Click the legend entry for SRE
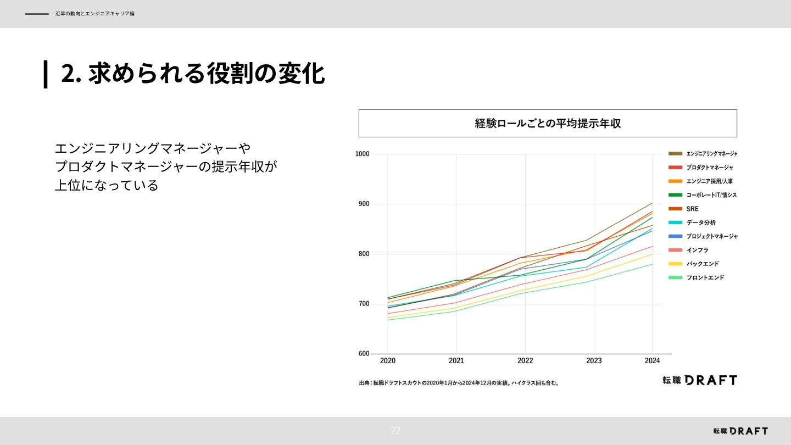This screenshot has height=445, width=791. tap(692, 209)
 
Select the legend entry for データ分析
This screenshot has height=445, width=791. tap(700, 222)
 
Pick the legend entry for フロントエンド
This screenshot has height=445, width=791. tap(705, 277)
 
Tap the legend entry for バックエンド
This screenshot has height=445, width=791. tap(702, 264)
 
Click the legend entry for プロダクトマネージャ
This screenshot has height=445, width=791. tap(709, 168)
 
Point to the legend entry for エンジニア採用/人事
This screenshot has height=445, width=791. tap(709, 181)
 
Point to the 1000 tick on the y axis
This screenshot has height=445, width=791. tap(362, 154)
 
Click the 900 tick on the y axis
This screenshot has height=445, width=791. tap(364, 204)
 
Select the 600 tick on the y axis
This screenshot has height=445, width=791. tap(364, 354)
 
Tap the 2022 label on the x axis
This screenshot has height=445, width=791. tap(525, 361)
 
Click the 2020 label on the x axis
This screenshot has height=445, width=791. tap(388, 361)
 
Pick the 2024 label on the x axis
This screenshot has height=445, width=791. tap(652, 361)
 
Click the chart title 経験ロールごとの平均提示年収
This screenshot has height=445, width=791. tap(548, 123)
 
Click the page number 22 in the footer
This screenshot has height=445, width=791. tap(396, 431)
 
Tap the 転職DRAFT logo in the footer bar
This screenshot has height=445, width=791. tap(740, 431)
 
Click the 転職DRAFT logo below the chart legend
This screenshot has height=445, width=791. tap(699, 380)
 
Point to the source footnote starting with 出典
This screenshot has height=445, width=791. tap(459, 383)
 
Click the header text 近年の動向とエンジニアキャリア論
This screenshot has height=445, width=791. tap(94, 14)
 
